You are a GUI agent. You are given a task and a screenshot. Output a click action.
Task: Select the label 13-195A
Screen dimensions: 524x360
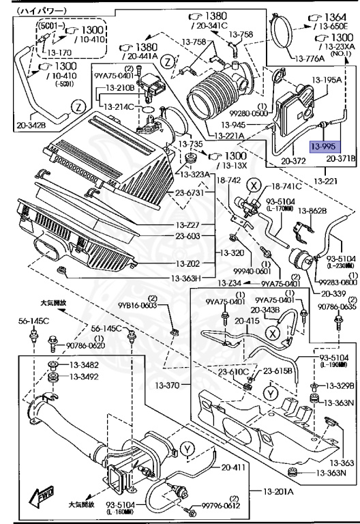(x=327, y=80)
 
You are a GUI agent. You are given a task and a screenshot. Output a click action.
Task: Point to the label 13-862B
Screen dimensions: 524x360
(x=314, y=212)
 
